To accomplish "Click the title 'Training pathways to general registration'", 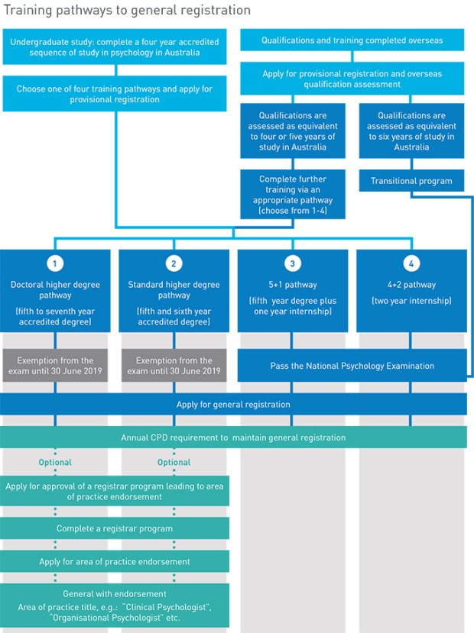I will [125, 10].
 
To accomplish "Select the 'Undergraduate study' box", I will [115, 47].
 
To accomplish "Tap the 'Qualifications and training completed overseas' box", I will [352, 40].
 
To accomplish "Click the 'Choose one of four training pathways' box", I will [115, 94].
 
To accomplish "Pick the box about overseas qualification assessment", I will [352, 79].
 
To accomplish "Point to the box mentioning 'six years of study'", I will [411, 132].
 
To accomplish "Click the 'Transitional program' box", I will [411, 181].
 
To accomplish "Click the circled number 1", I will [55, 263].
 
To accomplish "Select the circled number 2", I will [174, 263].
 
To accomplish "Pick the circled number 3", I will [293, 263].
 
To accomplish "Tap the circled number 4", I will [411, 263].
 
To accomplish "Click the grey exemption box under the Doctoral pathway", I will [55, 366].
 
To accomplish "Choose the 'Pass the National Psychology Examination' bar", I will [352, 366].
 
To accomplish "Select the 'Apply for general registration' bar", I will [233, 404].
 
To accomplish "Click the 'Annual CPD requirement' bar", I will [233, 438].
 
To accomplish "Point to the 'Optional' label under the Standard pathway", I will [174, 462].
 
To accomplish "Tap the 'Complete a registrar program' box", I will [115, 528].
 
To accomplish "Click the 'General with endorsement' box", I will [115, 606].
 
